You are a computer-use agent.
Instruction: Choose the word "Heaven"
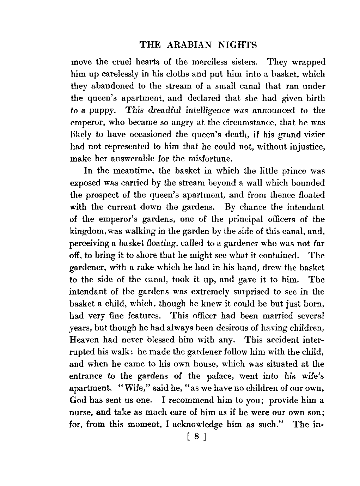(85, 340)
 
